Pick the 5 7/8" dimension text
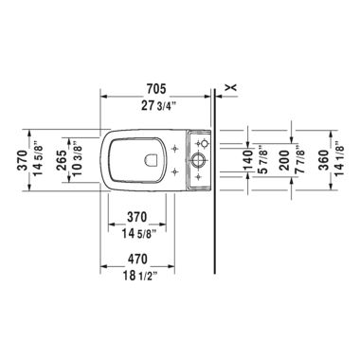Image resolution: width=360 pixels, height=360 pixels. pos(261,155)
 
